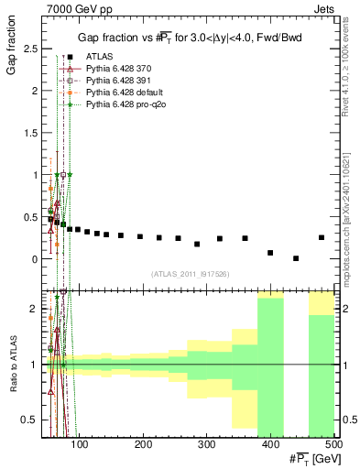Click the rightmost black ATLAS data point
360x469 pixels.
(321, 237)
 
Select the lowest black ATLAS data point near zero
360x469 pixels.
(295, 258)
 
